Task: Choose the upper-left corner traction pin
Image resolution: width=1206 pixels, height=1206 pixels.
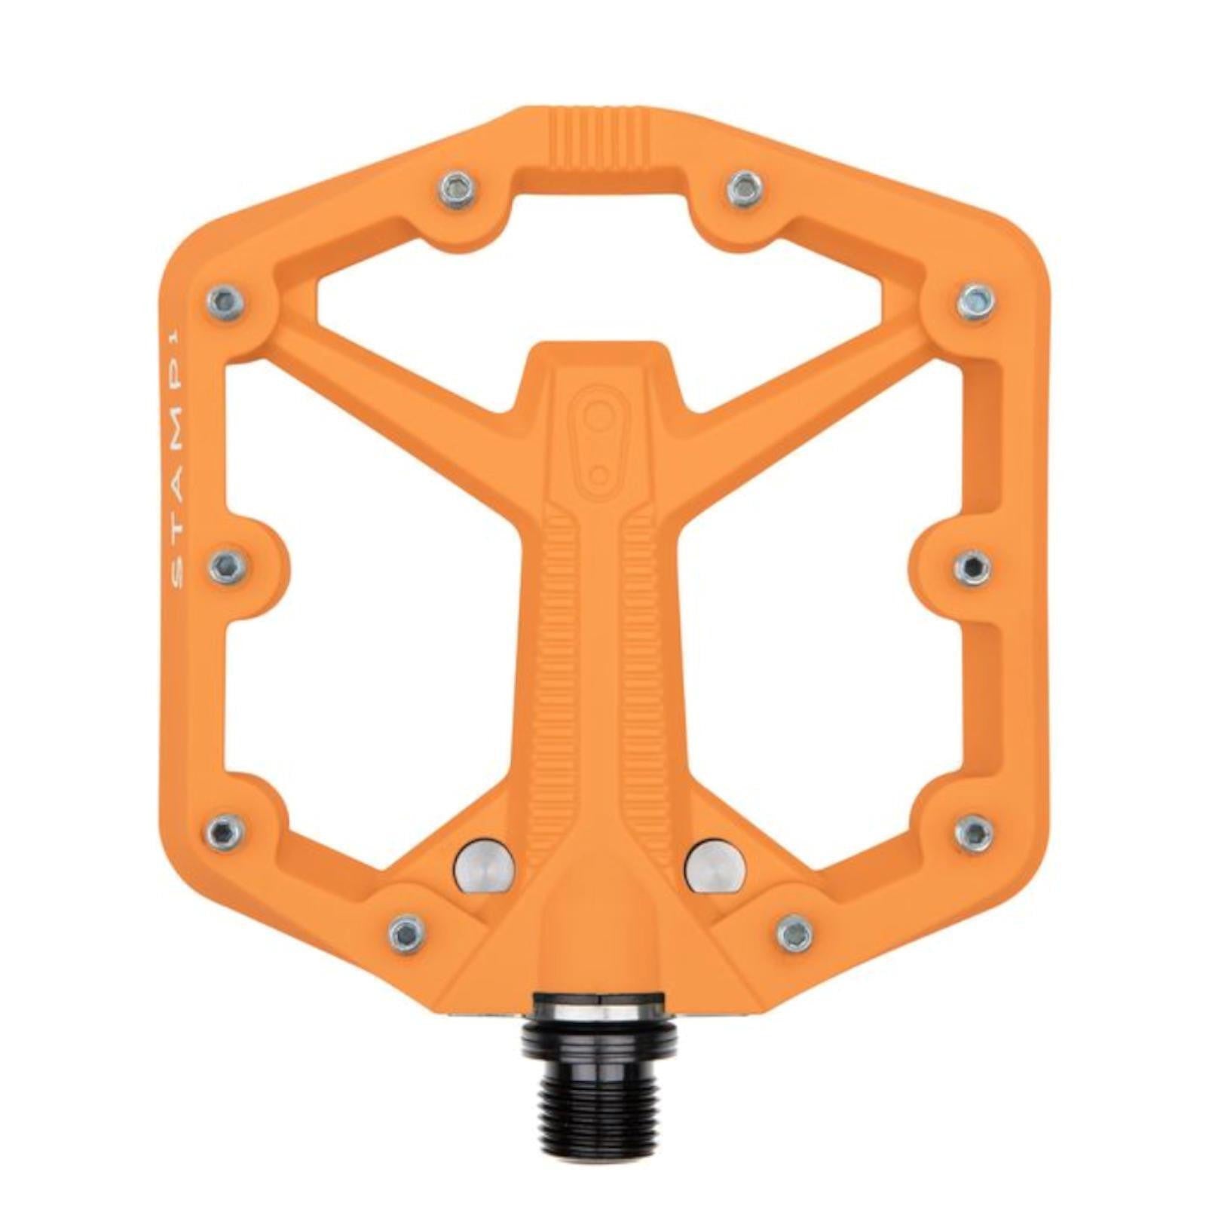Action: tap(226, 302)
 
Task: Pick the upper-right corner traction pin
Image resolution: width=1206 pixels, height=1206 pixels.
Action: tap(976, 302)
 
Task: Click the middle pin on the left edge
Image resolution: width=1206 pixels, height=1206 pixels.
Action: tap(228, 565)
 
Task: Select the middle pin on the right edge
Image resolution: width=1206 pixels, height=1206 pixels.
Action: tap(972, 565)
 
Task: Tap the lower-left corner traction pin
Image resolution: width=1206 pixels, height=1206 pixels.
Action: tap(225, 832)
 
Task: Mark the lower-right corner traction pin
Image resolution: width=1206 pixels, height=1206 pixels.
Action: tap(974, 832)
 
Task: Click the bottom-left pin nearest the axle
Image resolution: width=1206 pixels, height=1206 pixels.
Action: tap(407, 933)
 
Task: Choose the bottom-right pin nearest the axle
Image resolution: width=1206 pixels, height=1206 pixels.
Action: tap(795, 933)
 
